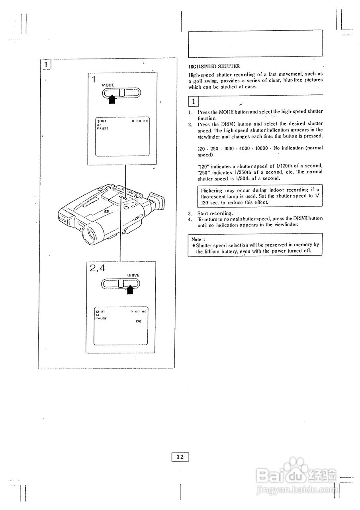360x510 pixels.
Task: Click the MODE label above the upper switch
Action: [108, 85]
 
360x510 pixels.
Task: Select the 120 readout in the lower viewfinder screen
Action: [139, 321]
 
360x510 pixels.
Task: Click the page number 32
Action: [180, 457]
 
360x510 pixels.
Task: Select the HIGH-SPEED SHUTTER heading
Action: [209, 66]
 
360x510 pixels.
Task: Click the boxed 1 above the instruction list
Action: [194, 101]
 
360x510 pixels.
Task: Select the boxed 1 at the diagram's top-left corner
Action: [46, 64]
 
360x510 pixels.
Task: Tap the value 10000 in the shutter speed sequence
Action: [262, 148]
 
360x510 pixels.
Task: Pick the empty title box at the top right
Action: [255, 43]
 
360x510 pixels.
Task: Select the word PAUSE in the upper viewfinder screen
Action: [102, 128]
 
